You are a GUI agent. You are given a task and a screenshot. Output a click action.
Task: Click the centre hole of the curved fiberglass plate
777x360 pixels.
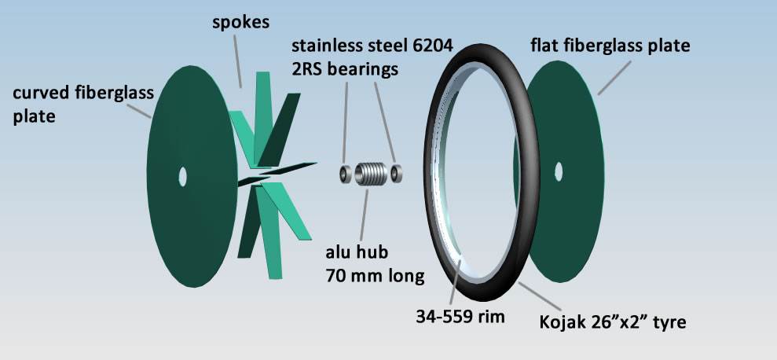[x=183, y=177]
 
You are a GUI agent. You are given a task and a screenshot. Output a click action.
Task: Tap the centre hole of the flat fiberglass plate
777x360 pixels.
[x=559, y=171]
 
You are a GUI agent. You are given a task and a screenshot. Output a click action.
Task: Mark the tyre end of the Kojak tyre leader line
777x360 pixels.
[x=519, y=283]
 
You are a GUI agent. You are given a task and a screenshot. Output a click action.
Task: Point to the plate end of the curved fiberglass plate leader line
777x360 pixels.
[x=151, y=118]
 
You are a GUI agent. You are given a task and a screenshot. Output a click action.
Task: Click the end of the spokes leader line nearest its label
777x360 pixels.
[x=234, y=35]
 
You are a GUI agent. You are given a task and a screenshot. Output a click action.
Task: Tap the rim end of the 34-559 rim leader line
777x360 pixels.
[x=460, y=259]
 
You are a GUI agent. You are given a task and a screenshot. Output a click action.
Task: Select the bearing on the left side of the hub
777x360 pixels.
[x=346, y=174]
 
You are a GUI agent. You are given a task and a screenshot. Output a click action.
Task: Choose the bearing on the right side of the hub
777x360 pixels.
[x=397, y=174]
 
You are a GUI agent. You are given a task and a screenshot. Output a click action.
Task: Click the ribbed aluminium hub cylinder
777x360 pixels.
[x=371, y=174]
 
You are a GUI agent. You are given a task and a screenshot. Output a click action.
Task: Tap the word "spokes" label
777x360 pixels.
[x=241, y=22]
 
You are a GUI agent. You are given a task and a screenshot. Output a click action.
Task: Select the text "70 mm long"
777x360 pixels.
[x=375, y=276]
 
